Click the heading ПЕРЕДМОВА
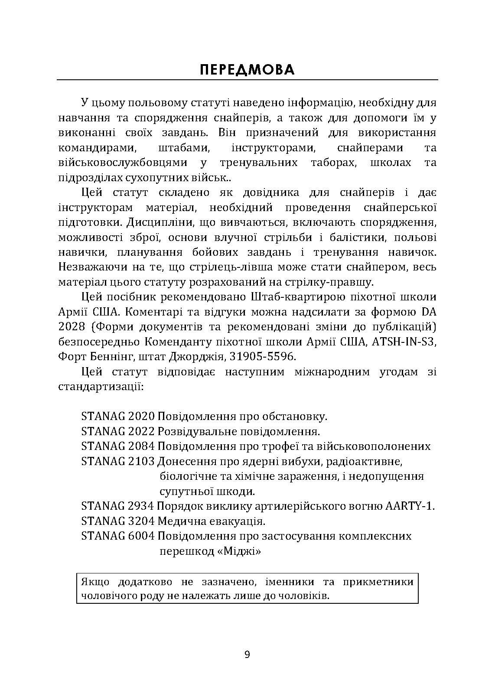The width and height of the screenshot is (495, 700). [x=247, y=69]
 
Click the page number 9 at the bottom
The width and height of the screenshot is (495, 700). [x=247, y=655]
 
